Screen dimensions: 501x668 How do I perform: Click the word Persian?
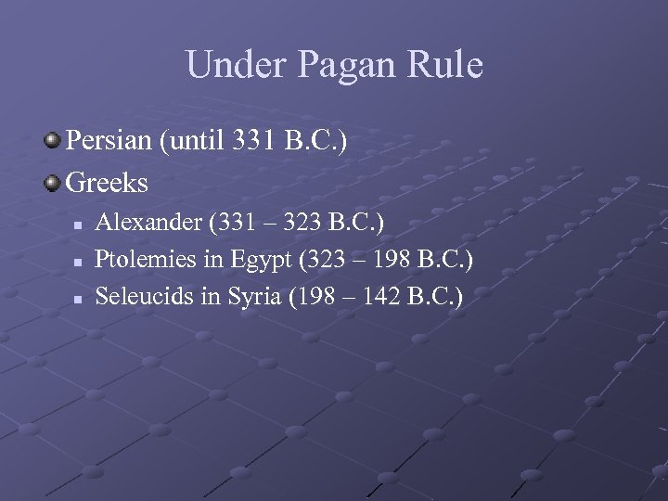tap(109, 142)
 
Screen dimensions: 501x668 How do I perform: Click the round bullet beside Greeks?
tap(53, 182)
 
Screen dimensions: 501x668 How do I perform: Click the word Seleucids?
tap(145, 298)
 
